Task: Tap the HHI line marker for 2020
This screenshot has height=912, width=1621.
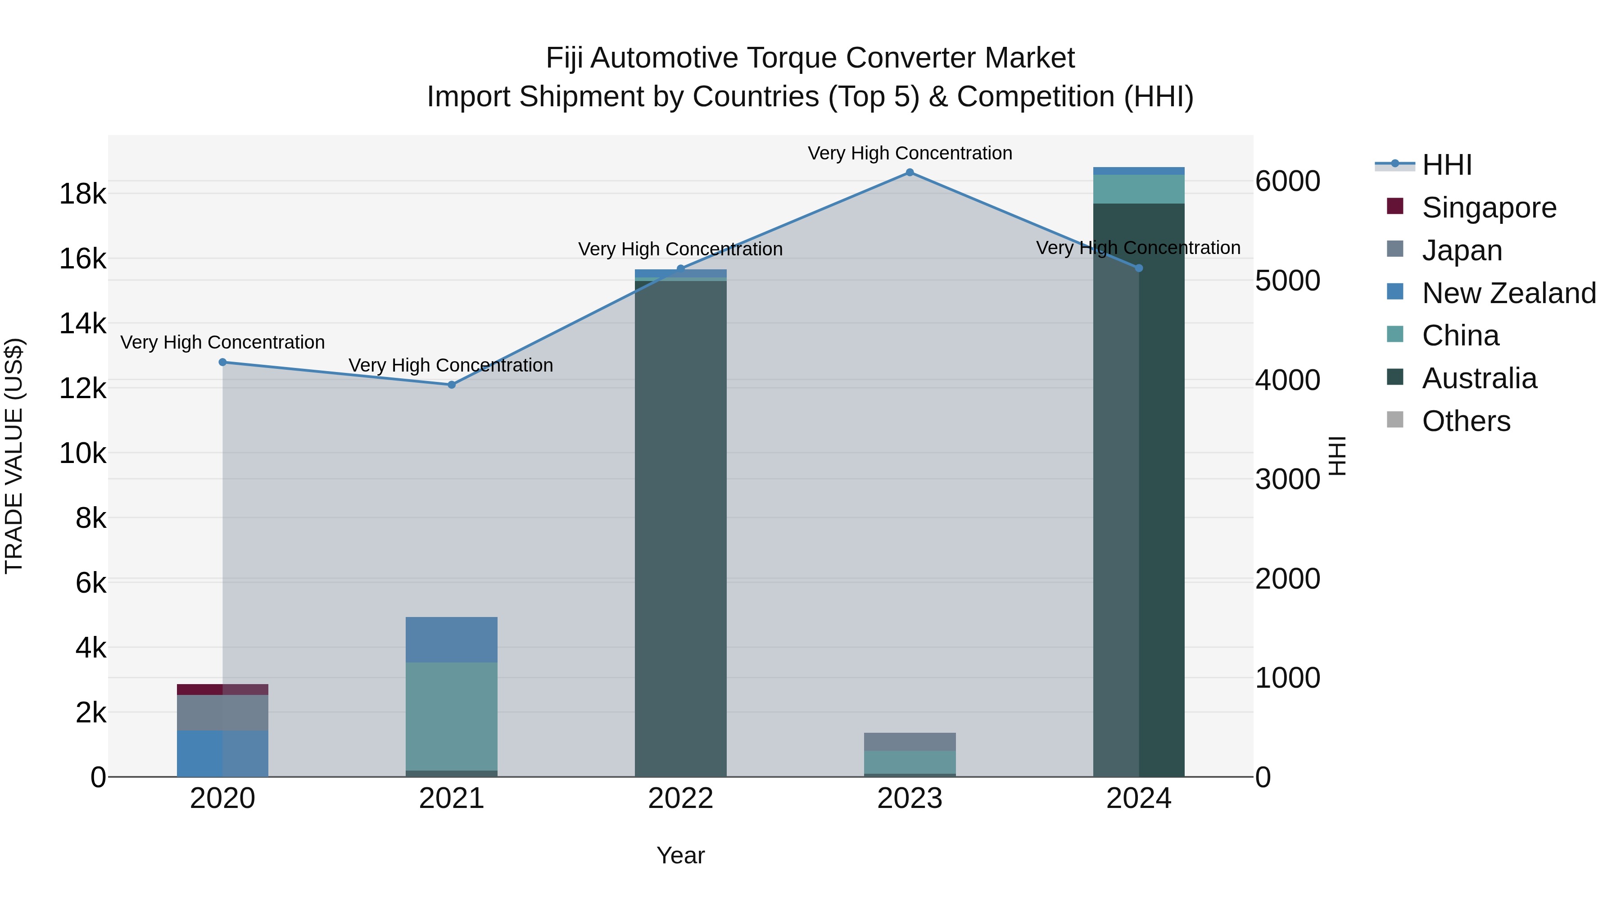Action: tap(223, 362)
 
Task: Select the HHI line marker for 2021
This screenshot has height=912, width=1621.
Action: tap(451, 385)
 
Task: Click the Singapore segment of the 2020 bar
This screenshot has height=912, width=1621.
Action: tap(223, 689)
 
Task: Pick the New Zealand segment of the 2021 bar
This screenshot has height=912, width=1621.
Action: tap(451, 640)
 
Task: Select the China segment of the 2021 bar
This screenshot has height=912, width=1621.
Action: tap(451, 716)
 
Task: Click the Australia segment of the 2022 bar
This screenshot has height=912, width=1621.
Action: tap(680, 529)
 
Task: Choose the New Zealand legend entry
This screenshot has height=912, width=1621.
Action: tap(1508, 293)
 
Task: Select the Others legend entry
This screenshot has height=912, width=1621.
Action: tap(1466, 421)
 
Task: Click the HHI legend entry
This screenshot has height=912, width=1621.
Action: tap(1446, 165)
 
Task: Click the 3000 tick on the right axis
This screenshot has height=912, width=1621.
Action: tap(1287, 480)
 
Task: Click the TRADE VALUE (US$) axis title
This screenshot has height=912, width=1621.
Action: tap(14, 456)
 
